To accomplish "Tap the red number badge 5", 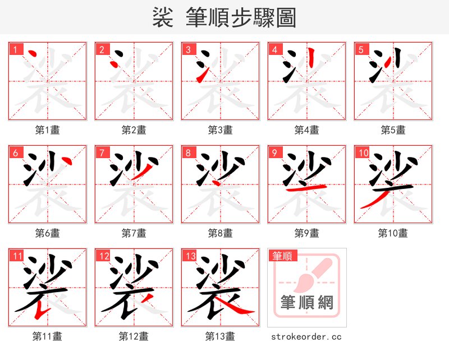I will point(361,49).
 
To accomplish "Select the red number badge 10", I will point(363,153).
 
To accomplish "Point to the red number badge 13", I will point(190,256).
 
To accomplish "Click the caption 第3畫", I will point(220,130).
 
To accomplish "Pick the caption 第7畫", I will point(134,233).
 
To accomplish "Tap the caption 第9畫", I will point(306,233).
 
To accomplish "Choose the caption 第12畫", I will point(134,336).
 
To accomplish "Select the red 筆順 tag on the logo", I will point(282,256).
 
